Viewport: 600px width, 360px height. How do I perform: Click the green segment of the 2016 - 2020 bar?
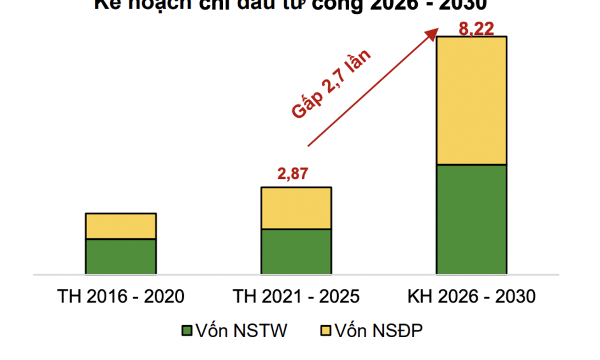[x=121, y=257]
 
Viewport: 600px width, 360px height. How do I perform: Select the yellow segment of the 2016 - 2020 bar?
[x=121, y=226]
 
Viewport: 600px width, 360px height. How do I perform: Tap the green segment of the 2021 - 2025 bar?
[x=296, y=251]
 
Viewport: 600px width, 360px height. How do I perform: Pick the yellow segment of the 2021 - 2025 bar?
[x=296, y=208]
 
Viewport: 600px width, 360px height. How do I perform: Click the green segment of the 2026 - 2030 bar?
[x=471, y=219]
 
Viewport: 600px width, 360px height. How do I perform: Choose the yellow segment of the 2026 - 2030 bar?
[x=471, y=101]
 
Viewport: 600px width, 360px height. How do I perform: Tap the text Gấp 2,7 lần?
[x=331, y=85]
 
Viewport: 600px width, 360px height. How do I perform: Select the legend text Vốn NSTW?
[x=239, y=330]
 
